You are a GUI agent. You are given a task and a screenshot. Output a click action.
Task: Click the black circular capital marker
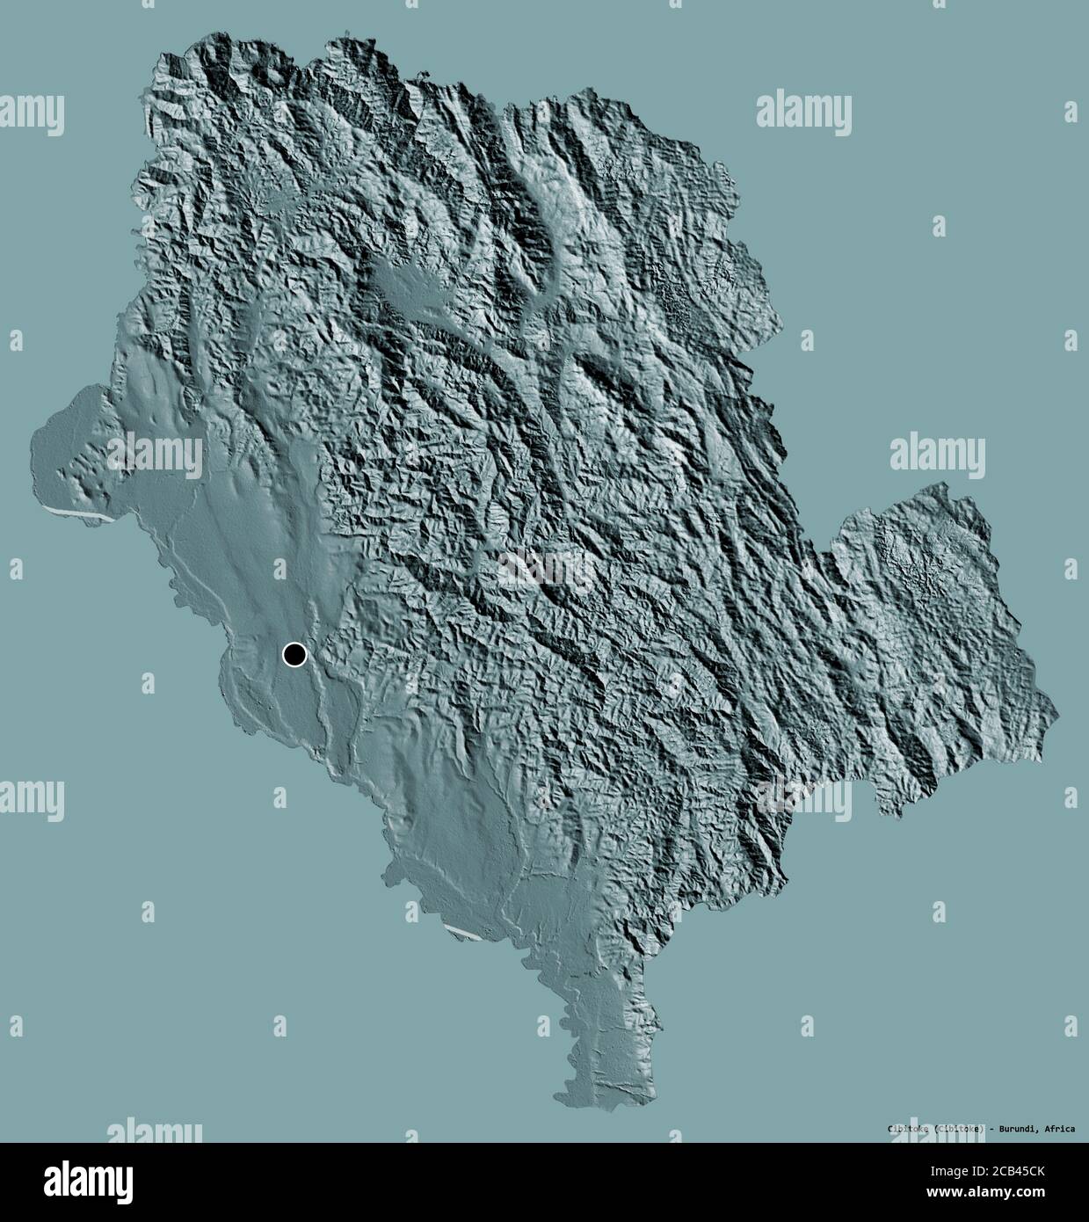[x=294, y=654]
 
